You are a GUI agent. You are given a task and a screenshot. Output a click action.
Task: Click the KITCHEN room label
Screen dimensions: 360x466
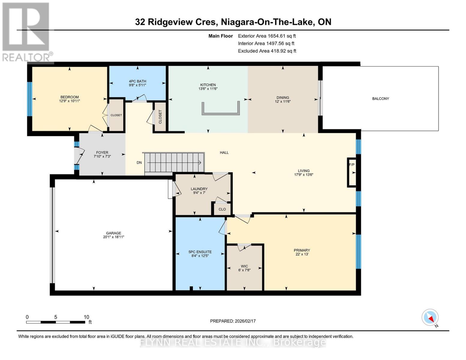tap(208, 85)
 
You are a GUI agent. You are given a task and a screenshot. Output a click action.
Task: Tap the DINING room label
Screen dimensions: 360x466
tap(283, 97)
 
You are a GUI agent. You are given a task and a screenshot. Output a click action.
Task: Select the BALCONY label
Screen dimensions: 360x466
tap(380, 98)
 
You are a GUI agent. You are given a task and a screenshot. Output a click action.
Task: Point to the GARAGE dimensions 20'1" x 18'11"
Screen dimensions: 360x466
tap(113, 237)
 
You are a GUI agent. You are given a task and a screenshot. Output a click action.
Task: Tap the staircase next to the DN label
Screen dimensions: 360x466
tap(174, 162)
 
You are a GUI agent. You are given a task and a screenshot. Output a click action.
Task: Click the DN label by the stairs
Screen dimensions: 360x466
tap(139, 163)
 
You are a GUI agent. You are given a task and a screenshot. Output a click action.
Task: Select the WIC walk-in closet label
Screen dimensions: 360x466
tap(244, 266)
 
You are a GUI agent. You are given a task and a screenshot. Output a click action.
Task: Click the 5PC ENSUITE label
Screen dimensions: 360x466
tap(200, 252)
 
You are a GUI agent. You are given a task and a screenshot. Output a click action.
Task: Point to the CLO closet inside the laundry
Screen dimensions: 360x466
tap(222, 209)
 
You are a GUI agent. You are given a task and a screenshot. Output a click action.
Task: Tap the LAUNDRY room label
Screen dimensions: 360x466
tap(199, 189)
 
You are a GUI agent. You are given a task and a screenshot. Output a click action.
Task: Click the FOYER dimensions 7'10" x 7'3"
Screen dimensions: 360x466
tap(102, 156)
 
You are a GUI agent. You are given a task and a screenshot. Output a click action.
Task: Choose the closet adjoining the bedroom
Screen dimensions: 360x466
tap(116, 115)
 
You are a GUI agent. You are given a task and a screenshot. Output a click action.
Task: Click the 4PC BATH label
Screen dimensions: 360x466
tap(137, 81)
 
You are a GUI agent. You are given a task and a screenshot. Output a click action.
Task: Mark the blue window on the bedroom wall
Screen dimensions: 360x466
tap(29, 99)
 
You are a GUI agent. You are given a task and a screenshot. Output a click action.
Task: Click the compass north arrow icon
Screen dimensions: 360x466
tap(430, 317)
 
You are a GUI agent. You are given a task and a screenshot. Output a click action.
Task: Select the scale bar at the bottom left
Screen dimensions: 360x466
tap(56, 322)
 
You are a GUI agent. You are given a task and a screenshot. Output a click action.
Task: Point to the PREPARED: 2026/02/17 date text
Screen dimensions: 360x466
tap(233, 321)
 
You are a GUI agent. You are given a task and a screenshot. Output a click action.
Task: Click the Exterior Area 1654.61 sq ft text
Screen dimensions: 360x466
tap(267, 36)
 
